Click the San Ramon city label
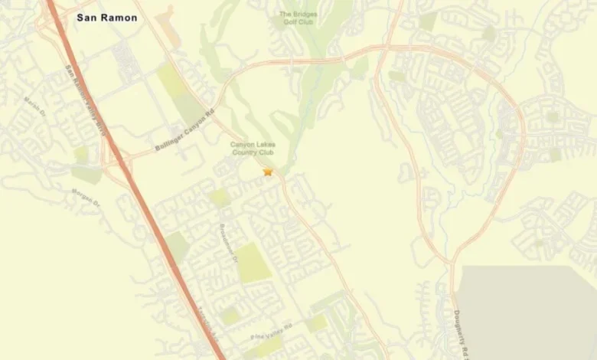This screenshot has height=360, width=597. pos(107,17)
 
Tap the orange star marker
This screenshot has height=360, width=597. pos(268,172)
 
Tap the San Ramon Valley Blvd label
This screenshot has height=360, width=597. pos(85,100)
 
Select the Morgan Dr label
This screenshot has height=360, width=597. pos(86,198)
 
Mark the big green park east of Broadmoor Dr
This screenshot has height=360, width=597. pos(253,263)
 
